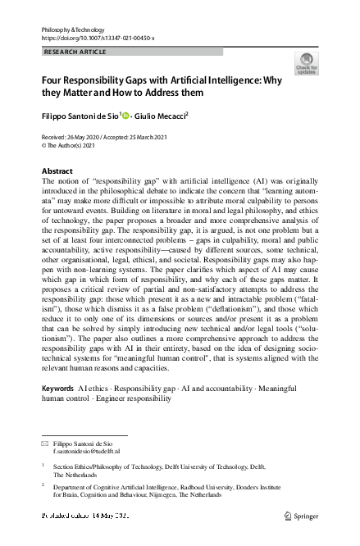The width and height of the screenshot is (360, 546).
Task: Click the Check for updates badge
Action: click(306, 64)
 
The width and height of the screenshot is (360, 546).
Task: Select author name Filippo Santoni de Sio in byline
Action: click(80, 116)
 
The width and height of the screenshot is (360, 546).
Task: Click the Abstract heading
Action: click(57, 171)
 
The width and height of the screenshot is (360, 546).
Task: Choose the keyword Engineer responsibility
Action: click(133, 398)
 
